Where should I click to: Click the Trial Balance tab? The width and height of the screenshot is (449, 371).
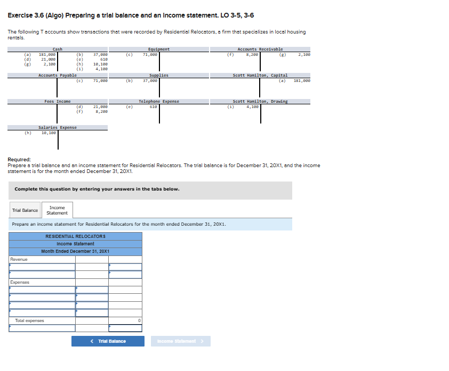pyautogui.click(x=25, y=210)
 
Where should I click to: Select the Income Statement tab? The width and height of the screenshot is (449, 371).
pyautogui.click(x=57, y=210)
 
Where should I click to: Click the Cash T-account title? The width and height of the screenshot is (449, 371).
pyautogui.click(x=58, y=49)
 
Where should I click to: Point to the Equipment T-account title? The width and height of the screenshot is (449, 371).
pyautogui.click(x=159, y=49)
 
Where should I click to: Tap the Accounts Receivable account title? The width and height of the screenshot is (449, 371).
pyautogui.click(x=260, y=49)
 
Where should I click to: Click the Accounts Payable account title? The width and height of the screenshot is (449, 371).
pyautogui.click(x=58, y=76)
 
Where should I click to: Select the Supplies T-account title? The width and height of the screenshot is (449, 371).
pyautogui.click(x=159, y=76)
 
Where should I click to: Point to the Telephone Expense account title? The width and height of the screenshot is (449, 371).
pyautogui.click(x=159, y=101)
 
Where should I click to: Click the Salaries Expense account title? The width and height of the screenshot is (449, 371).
pyautogui.click(x=58, y=127)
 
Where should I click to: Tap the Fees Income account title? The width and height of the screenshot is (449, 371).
pyautogui.click(x=58, y=101)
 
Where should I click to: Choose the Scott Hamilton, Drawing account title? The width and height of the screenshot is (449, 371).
pyautogui.click(x=260, y=101)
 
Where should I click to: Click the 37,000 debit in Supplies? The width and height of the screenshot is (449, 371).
pyautogui.click(x=150, y=80)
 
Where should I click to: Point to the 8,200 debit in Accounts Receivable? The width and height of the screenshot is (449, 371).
pyautogui.click(x=252, y=54)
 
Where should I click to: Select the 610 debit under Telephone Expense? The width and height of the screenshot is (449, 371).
pyautogui.click(x=153, y=106)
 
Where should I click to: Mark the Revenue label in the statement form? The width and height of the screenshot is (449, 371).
pyautogui.click(x=20, y=259)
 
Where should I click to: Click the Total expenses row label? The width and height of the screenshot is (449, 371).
pyautogui.click(x=30, y=320)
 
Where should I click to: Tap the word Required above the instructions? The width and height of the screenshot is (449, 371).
pyautogui.click(x=19, y=159)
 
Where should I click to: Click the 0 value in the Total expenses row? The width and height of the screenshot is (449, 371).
pyautogui.click(x=139, y=320)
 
